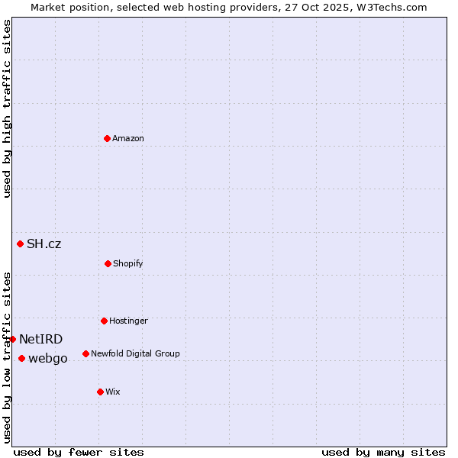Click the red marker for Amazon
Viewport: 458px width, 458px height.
107,138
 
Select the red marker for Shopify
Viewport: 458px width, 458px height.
108,263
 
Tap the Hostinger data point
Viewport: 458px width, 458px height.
104,321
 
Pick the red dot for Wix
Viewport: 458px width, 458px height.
100,392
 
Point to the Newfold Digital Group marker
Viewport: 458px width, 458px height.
85,353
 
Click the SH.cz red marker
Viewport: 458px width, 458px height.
20,244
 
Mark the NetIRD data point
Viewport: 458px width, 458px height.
12,339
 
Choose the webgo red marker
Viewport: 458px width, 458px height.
21,358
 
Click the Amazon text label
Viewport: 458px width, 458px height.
128,138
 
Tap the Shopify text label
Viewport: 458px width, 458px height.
128,263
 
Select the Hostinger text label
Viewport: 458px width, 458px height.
128,321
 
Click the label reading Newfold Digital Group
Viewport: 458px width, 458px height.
135,353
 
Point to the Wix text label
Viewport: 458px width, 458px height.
113,392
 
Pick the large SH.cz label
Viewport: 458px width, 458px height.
44,244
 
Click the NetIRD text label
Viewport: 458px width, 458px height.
41,340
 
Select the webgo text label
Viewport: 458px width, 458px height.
48,359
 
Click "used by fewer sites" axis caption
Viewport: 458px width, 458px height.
79,452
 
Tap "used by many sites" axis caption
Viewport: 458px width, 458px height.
383,452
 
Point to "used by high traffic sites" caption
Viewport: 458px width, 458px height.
7,108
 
